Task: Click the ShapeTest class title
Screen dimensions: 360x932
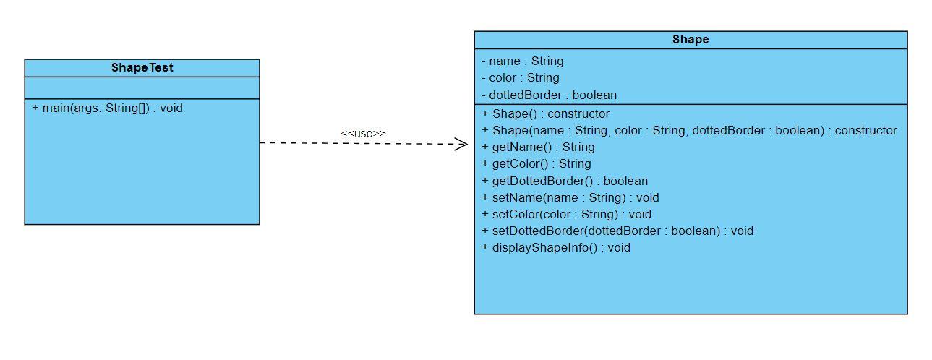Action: (x=142, y=68)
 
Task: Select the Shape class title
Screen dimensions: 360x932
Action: (x=690, y=40)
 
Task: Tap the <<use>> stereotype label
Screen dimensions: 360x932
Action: (x=363, y=134)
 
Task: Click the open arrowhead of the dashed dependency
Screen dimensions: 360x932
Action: (x=461, y=144)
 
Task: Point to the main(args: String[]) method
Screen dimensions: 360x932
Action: (x=107, y=108)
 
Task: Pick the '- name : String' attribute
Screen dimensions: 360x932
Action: (x=522, y=61)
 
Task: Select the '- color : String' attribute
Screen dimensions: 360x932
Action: (x=520, y=78)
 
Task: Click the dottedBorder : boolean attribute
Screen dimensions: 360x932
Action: (x=549, y=95)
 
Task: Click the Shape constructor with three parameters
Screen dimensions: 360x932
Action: (x=688, y=131)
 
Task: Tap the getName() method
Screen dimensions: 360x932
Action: (x=538, y=147)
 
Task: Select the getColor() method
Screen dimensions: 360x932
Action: (x=536, y=164)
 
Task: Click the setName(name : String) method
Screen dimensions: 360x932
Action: (x=570, y=197)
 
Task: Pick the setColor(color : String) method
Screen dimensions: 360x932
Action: (x=566, y=214)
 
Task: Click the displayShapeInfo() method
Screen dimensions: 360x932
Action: (x=555, y=247)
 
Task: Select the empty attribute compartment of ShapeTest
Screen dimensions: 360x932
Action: (x=142, y=88)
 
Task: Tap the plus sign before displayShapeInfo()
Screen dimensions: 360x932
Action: (x=485, y=247)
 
